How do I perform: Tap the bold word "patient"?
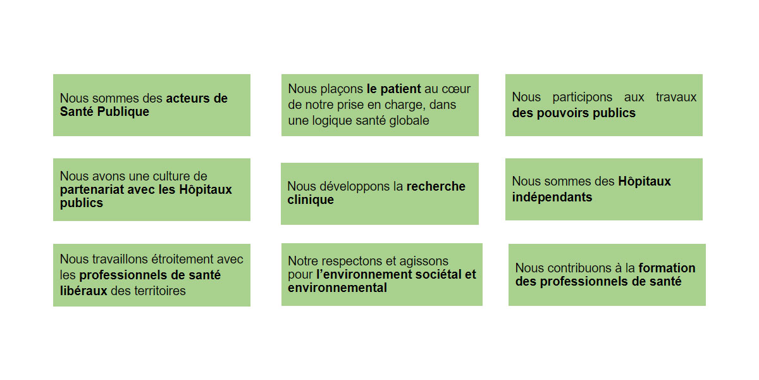pyautogui.click(x=400, y=89)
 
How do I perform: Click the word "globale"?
pyautogui.click(x=409, y=120)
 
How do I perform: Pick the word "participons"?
pyautogui.click(x=582, y=98)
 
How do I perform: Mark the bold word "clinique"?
pyautogui.click(x=311, y=200)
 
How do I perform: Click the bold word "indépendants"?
pyautogui.click(x=552, y=197)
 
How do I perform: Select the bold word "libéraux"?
pyautogui.click(x=83, y=291)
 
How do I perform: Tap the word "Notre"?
pyautogui.click(x=303, y=261)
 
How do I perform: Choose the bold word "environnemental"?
pyautogui.click(x=337, y=288)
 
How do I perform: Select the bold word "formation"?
pyautogui.click(x=667, y=268)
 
